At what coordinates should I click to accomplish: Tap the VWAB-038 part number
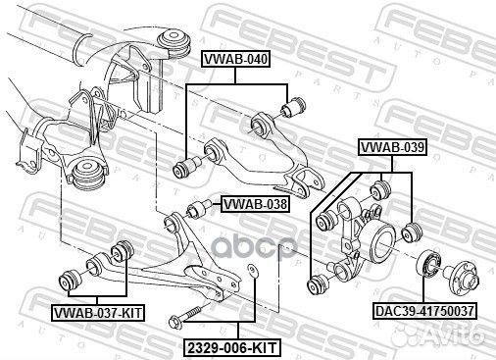tap(256, 205)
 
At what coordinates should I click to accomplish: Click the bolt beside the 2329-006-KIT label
tap(185, 318)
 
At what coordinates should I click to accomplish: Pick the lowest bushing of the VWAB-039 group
tap(317, 286)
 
